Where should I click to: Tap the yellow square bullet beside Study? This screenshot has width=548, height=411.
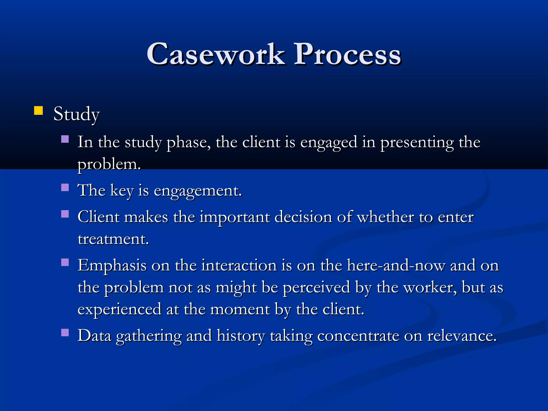[39, 111]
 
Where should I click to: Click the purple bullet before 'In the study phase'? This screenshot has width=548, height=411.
[65, 139]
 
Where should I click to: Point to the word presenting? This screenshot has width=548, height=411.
[417, 143]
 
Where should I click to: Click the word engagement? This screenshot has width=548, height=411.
[198, 191]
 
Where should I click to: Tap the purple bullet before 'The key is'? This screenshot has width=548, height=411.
[65, 187]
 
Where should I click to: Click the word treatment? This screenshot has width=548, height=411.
[113, 239]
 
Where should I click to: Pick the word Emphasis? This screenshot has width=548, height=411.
[112, 266]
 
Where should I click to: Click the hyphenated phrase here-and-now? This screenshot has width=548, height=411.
[396, 266]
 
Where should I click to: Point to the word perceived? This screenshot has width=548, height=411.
[317, 288]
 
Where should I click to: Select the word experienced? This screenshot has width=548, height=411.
[119, 310]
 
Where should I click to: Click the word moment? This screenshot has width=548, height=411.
[240, 310]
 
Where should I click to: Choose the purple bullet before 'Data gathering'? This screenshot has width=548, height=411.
[65, 333]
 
